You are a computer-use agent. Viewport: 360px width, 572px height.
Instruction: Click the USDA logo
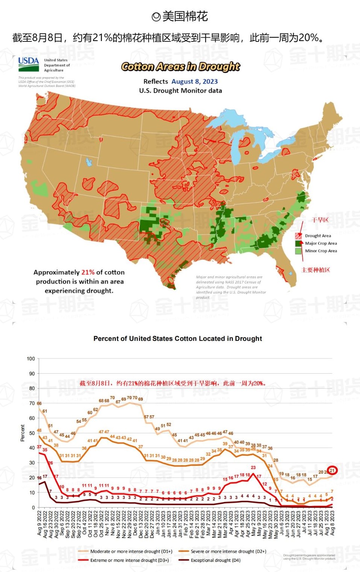29,64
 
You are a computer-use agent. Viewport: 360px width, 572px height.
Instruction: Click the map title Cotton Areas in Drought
180,67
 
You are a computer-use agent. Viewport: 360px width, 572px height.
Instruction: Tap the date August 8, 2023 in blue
194,81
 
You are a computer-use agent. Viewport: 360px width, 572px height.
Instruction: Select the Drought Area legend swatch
298,236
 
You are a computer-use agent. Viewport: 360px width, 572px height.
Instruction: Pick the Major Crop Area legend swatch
298,243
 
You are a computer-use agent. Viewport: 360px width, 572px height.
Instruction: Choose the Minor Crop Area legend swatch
298,251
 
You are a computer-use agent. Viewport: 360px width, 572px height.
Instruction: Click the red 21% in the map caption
88,272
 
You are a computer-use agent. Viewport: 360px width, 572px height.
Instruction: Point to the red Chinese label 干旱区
320,220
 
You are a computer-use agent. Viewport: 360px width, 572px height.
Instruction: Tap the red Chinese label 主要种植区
316,270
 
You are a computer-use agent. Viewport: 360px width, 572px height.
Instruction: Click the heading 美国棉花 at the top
180,17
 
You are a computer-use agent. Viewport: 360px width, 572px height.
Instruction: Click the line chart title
177,339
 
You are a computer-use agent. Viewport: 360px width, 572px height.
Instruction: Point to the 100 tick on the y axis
31,358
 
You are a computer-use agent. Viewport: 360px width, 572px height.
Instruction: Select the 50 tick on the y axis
32,433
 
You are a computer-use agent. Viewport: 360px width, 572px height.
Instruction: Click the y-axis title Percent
23,433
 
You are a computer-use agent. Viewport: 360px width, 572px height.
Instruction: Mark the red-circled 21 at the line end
332,470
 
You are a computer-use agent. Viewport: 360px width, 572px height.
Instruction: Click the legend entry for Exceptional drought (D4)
215,560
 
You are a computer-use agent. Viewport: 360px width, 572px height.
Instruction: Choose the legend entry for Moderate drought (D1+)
131,551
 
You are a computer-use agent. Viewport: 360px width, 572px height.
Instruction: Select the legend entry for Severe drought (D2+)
228,551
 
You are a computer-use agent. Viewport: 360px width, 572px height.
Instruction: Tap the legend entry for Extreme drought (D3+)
129,560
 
